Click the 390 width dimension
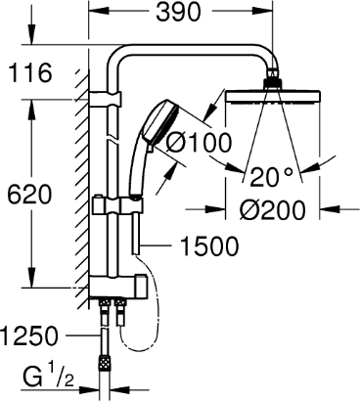point(178,13)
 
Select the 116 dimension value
point(30,73)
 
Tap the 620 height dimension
point(29,196)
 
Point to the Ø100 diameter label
point(199,143)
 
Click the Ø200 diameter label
point(273,210)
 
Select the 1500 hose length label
point(209,246)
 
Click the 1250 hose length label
point(29,335)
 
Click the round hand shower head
point(160,124)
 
